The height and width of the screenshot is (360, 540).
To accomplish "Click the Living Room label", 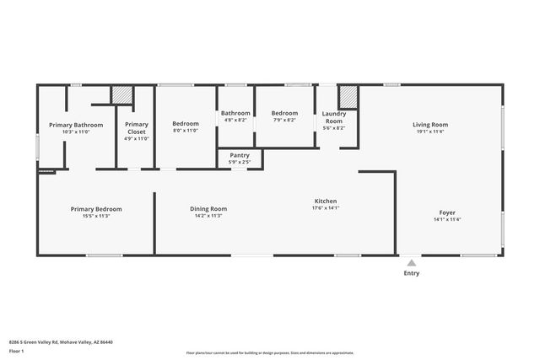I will pyautogui.click(x=429, y=125).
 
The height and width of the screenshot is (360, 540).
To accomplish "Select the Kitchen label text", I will pyautogui.click(x=326, y=201).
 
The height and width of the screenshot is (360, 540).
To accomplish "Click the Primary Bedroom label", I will pyautogui.click(x=96, y=208).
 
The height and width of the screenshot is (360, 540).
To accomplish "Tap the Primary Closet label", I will pyautogui.click(x=137, y=128).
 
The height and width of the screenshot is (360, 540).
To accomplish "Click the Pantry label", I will pyautogui.click(x=240, y=155).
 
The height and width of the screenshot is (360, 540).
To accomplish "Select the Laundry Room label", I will pyautogui.click(x=334, y=117).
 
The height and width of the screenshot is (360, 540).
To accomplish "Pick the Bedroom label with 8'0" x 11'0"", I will pyautogui.click(x=186, y=124).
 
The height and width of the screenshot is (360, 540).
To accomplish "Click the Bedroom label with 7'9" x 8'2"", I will pyautogui.click(x=284, y=113).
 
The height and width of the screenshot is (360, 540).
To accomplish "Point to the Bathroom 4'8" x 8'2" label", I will pyautogui.click(x=235, y=113).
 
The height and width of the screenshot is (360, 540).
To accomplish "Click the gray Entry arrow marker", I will pyautogui.click(x=411, y=263).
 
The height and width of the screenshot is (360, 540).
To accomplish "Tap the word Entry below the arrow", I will pyautogui.click(x=411, y=273).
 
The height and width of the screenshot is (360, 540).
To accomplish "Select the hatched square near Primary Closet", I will pyautogui.click(x=122, y=94).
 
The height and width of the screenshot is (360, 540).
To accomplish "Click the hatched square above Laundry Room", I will pyautogui.click(x=348, y=94).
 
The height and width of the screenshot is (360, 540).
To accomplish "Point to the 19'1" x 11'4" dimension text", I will pyautogui.click(x=429, y=132).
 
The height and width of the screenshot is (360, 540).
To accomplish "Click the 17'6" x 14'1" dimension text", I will pyautogui.click(x=326, y=208).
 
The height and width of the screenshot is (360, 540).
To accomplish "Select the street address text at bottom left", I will pyautogui.click(x=61, y=341).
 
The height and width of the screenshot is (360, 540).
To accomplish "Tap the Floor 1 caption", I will pyautogui.click(x=17, y=350).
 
